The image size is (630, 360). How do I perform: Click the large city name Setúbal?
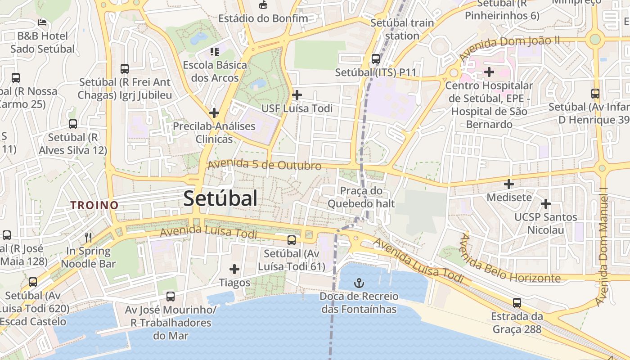tap(220, 198)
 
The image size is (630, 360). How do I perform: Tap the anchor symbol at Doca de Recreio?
tap(359, 283)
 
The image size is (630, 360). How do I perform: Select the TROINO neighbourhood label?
tap(94, 205)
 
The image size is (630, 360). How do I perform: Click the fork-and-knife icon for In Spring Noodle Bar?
tap(88, 237)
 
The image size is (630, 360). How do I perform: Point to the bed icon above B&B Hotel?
tap(42, 22)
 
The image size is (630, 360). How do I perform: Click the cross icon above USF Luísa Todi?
tap(297, 95)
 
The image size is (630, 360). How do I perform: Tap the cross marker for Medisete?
tap(509, 184)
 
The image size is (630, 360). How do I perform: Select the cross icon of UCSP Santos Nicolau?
tap(546, 204)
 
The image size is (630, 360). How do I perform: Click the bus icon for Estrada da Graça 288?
tap(517, 303)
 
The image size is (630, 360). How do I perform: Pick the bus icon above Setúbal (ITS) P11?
tap(376, 59)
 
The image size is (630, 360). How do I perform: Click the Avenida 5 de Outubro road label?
tap(264, 165)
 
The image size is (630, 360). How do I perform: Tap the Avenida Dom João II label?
tap(509, 48)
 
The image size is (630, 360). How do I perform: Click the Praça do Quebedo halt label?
tap(361, 197)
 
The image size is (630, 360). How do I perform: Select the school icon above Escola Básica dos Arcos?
tap(215, 52)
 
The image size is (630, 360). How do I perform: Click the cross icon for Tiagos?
tap(234, 269)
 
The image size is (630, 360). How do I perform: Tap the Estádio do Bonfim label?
tap(263, 18)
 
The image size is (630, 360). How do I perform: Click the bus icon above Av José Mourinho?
tap(171, 297)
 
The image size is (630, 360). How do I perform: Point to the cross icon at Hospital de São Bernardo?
tap(489, 72)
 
